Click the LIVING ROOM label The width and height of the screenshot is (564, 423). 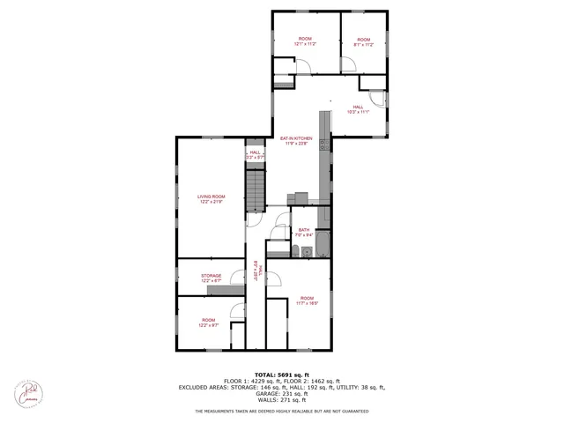(x=211, y=197)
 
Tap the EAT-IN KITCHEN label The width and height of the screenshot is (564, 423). (x=296, y=138)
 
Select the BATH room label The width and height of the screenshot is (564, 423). (x=303, y=230)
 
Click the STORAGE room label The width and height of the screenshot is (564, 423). (x=211, y=276)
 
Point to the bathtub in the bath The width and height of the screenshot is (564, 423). (x=323, y=239)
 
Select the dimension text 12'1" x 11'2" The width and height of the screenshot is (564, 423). (x=305, y=43)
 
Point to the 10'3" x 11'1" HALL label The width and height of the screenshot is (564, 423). (x=358, y=109)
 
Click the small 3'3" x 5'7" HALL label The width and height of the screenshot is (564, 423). (x=255, y=154)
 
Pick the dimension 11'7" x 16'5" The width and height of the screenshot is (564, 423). (x=307, y=302)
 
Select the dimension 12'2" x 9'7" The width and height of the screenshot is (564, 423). (x=208, y=325)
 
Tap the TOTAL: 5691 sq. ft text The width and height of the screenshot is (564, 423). (x=282, y=374)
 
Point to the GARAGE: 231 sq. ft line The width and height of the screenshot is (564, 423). (x=282, y=393)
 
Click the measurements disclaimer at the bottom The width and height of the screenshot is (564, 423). (x=282, y=411)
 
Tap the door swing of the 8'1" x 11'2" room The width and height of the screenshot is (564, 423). (x=349, y=64)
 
